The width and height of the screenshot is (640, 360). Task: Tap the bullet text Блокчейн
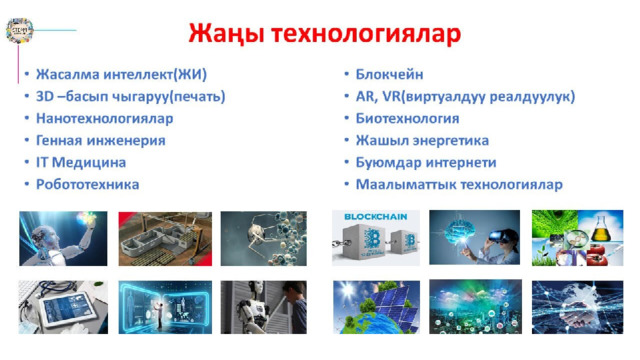tap(389, 74)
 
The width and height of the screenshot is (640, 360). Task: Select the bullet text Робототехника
tap(87, 184)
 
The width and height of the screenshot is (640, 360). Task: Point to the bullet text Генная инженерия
tap(101, 140)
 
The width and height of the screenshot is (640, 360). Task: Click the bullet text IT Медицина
tap(81, 162)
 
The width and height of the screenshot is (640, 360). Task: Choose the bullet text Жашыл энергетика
tap(422, 140)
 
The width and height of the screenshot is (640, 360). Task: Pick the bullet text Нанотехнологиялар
tap(104, 118)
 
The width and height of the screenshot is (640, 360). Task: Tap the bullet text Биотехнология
tap(407, 118)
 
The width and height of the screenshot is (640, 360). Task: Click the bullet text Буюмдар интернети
tap(426, 162)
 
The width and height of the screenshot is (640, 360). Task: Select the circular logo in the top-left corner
tap(19, 30)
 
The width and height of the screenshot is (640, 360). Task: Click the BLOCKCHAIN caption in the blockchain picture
tap(376, 217)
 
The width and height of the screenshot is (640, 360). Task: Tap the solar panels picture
tap(376, 307)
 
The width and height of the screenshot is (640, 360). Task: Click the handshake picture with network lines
tap(577, 307)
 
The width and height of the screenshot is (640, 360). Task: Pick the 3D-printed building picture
tap(165, 239)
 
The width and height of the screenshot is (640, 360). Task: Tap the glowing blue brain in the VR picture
tap(462, 232)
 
